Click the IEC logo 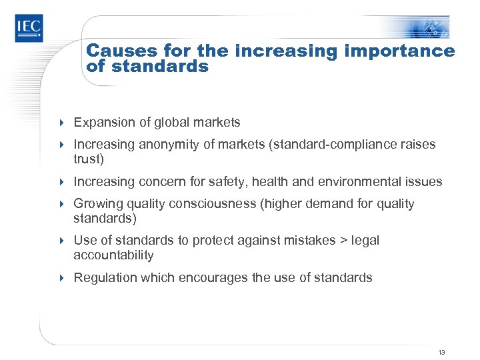(29, 27)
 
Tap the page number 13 (441, 351)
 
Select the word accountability (114, 255)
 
